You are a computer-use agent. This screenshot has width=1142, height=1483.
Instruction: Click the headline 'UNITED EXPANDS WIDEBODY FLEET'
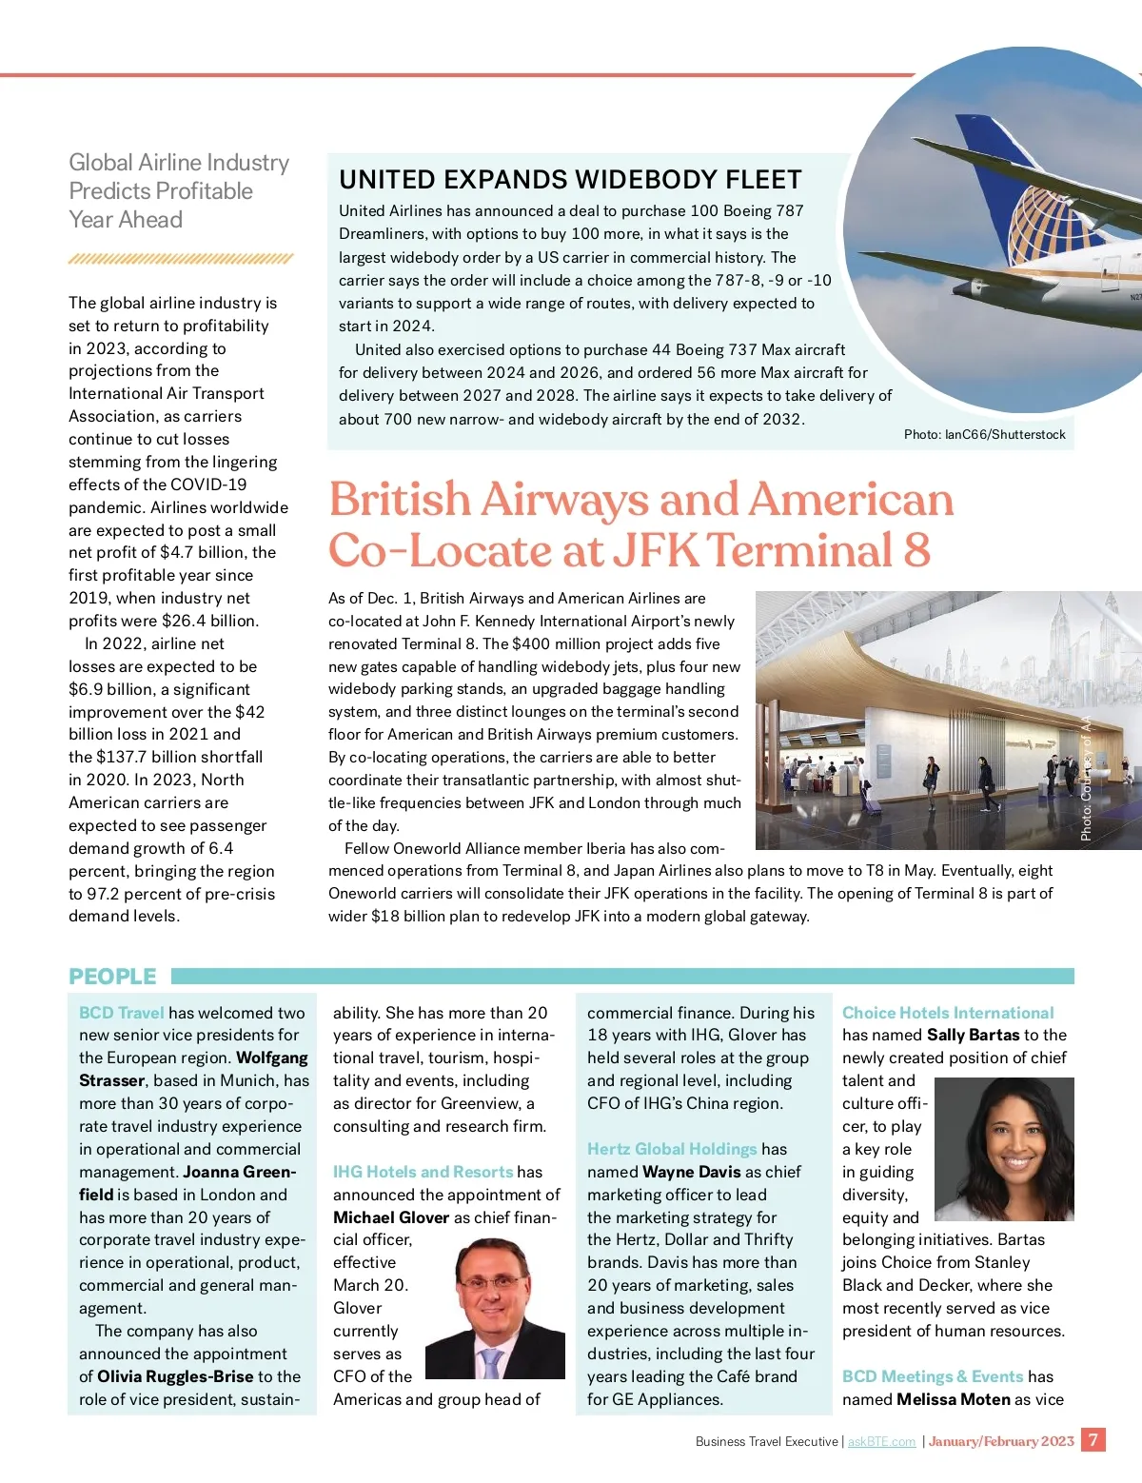pos(570,180)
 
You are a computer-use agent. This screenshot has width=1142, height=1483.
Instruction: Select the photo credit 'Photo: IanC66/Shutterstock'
pos(984,434)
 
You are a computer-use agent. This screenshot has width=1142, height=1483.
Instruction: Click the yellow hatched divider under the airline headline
pos(181,259)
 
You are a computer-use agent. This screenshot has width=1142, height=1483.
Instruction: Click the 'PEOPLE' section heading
pos(112,977)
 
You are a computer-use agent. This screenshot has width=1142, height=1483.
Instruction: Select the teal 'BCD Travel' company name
pos(122,1013)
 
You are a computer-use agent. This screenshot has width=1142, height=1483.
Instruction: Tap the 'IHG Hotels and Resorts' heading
pos(423,1172)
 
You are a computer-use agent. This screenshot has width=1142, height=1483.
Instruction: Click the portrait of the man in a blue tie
pos(495,1309)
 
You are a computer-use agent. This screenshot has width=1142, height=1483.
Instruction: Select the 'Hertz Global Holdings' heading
pos(672,1149)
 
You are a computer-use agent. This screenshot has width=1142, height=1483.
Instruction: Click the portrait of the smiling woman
pos(1005,1149)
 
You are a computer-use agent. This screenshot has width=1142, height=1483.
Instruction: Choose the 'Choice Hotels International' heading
pos(948,1013)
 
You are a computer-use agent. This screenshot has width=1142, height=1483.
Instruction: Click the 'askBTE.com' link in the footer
pos(881,1441)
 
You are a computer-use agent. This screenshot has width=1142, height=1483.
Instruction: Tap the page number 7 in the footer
pos(1093,1439)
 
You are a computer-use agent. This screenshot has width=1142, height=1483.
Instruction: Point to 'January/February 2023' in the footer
pos(1001,1441)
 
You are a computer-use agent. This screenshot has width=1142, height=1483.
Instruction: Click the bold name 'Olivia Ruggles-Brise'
pos(175,1376)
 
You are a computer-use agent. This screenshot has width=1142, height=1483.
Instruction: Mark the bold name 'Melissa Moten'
pos(954,1399)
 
